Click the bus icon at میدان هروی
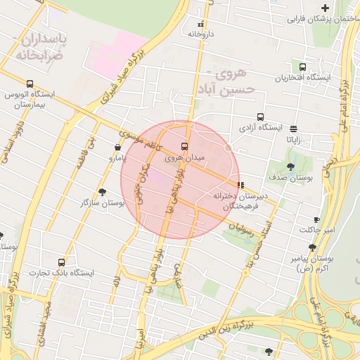[185, 146]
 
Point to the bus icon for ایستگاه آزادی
[261, 117]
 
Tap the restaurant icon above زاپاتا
[293, 129]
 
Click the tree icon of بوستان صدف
[290, 167]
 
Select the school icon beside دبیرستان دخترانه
[241, 185]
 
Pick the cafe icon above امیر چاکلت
[316, 219]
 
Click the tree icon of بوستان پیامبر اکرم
[312, 247]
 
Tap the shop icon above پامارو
[117, 148]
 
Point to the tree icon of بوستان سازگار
[103, 191]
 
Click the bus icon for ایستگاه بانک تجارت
[62, 262]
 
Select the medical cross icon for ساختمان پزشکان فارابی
[324, 7]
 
